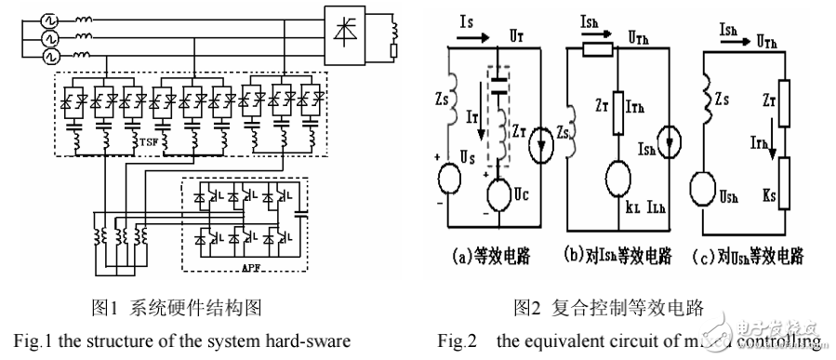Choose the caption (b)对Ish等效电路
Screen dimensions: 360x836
621,254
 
